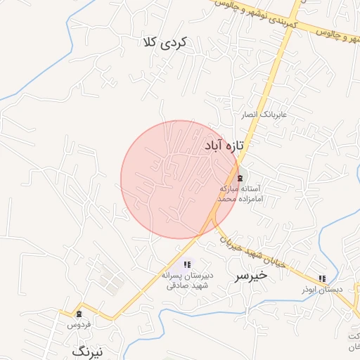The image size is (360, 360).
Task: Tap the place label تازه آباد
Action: tap(224, 146)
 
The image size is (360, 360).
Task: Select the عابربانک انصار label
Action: tap(261, 113)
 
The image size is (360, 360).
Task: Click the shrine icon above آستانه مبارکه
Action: tap(240, 178)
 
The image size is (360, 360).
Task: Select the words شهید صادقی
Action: tap(186, 285)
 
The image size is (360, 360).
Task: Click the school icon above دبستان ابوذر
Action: tap(322, 278)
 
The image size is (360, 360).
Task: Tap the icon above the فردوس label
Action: tap(79, 314)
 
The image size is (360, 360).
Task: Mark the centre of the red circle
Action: tap(179, 180)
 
